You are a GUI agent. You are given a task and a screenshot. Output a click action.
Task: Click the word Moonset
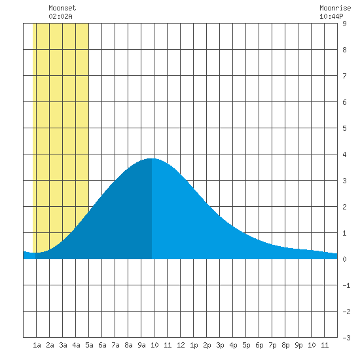[x=62, y=8]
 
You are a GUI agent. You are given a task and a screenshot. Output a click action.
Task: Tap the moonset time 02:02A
[x=61, y=16]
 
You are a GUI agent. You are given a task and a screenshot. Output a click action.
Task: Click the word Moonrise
[x=335, y=8]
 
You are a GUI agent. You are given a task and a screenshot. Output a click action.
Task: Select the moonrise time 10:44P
[x=331, y=16]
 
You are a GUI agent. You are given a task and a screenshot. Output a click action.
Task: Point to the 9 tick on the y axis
[x=344, y=24]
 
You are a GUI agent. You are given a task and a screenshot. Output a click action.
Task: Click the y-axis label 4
[x=344, y=154]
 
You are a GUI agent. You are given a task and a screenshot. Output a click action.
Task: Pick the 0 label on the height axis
[x=344, y=259]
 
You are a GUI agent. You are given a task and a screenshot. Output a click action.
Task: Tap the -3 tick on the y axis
[x=346, y=338]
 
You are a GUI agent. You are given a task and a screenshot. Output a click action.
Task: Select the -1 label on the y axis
[x=346, y=285]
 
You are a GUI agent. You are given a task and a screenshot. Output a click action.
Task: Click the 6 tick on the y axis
[x=344, y=102]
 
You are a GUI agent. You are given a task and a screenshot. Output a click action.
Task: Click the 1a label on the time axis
[x=37, y=345]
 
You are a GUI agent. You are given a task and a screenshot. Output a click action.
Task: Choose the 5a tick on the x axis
[x=89, y=345]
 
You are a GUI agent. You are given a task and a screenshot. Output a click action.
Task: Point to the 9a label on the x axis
[x=141, y=345]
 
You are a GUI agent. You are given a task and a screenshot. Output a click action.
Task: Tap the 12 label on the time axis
[x=181, y=345]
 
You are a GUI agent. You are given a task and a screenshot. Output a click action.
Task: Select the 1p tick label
[x=194, y=345]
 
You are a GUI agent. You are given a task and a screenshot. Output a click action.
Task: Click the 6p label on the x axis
[x=259, y=345]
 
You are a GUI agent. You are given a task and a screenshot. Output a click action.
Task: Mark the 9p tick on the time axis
[x=298, y=345]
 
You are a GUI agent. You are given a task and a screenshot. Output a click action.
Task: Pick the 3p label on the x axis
[x=220, y=345]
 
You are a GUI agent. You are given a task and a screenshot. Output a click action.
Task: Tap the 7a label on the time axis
[x=115, y=345]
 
